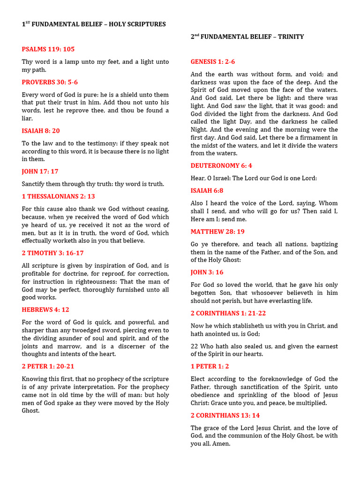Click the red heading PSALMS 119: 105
click(48, 49)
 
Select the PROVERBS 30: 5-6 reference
click(50, 82)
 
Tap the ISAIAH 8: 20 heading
click(41, 131)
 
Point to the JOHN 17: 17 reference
click(40, 172)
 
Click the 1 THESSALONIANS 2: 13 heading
click(59, 196)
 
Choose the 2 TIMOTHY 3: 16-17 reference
click(52, 253)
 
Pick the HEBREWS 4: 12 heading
click(45, 310)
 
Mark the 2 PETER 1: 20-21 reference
click(48, 367)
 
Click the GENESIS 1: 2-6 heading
click(213, 62)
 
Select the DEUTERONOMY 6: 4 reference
click(222, 165)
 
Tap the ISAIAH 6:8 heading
click(207, 191)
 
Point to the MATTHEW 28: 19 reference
click(217, 232)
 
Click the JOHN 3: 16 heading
click(207, 272)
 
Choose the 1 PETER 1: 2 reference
click(210, 367)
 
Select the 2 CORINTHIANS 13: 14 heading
click(225, 415)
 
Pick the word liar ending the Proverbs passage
click(27, 119)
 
